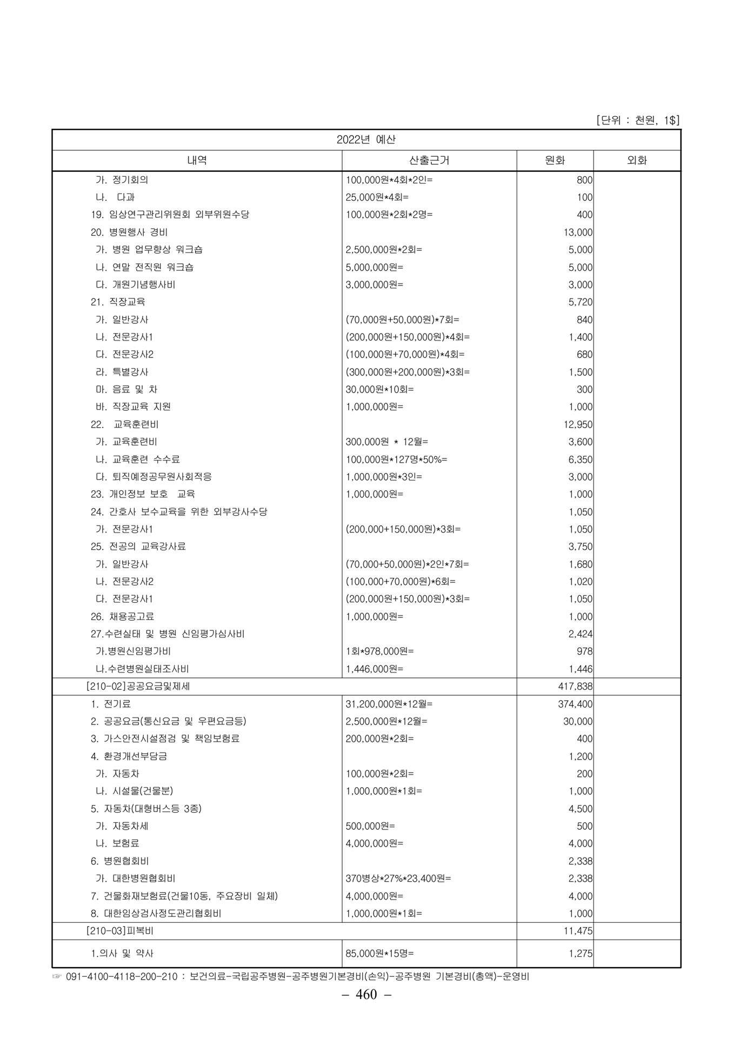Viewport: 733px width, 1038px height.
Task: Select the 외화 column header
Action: pyautogui.click(x=636, y=160)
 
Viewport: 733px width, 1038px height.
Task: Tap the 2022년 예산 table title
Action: pyautogui.click(x=366, y=139)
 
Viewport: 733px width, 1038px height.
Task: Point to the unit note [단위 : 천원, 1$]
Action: pyautogui.click(x=637, y=120)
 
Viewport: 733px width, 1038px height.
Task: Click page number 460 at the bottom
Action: pyautogui.click(x=366, y=994)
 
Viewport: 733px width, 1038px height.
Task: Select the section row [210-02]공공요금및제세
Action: pyautogui.click(x=138, y=687)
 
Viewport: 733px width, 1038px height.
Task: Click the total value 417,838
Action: pyautogui.click(x=575, y=687)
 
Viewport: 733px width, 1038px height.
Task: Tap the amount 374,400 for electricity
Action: pyautogui.click(x=575, y=704)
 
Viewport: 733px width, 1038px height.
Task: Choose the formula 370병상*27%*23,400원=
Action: pyautogui.click(x=398, y=879)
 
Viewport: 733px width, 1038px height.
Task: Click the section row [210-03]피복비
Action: pyautogui.click(x=119, y=931)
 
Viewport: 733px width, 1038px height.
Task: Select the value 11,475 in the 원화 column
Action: pyautogui.click(x=577, y=931)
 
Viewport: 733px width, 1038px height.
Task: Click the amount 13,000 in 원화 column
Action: pyautogui.click(x=577, y=232)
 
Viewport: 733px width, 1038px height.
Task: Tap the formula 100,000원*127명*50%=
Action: pyautogui.click(x=396, y=459)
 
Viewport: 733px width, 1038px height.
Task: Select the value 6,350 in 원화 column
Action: pyautogui.click(x=580, y=459)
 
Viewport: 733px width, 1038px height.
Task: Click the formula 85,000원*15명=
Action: pyautogui.click(x=379, y=954)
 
